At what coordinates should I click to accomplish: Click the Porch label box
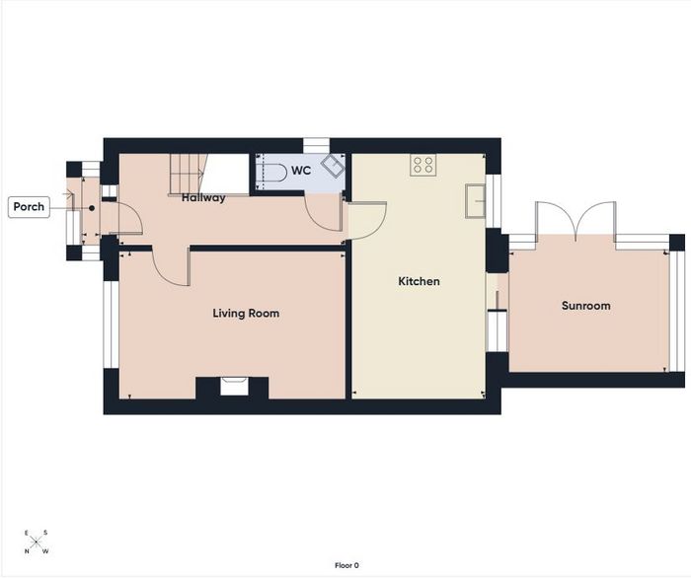pyautogui.click(x=29, y=207)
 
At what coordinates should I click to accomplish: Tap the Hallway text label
pyautogui.click(x=203, y=197)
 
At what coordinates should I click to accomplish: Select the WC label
pyautogui.click(x=301, y=171)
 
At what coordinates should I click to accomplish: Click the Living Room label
pyautogui.click(x=246, y=314)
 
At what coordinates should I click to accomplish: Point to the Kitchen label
pyautogui.click(x=419, y=281)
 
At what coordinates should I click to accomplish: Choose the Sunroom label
pyautogui.click(x=585, y=306)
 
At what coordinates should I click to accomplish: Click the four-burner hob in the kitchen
pyautogui.click(x=423, y=165)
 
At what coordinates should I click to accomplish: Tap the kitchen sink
pyautogui.click(x=476, y=201)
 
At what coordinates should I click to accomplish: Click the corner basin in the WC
pyautogui.click(x=334, y=167)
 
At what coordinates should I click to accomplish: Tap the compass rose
pyautogui.click(x=37, y=542)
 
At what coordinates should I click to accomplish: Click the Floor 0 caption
pyautogui.click(x=346, y=566)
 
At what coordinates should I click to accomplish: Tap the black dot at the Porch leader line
pyautogui.click(x=92, y=208)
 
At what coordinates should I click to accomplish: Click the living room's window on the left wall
pyautogui.click(x=111, y=325)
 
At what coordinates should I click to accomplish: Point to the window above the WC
pyautogui.click(x=317, y=146)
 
